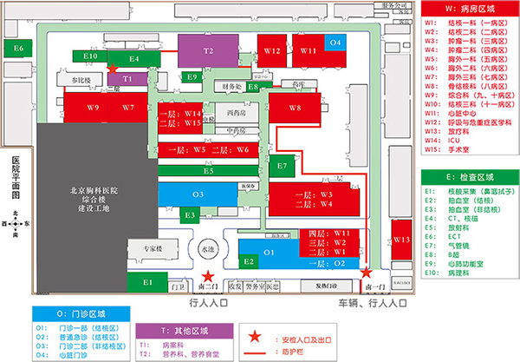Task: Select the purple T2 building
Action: point(208,51)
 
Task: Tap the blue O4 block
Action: point(336,43)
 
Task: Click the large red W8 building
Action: point(296,109)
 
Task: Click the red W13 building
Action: point(400,240)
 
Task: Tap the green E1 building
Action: point(148,281)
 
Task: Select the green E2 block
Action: point(249,260)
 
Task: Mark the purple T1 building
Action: point(127,79)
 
